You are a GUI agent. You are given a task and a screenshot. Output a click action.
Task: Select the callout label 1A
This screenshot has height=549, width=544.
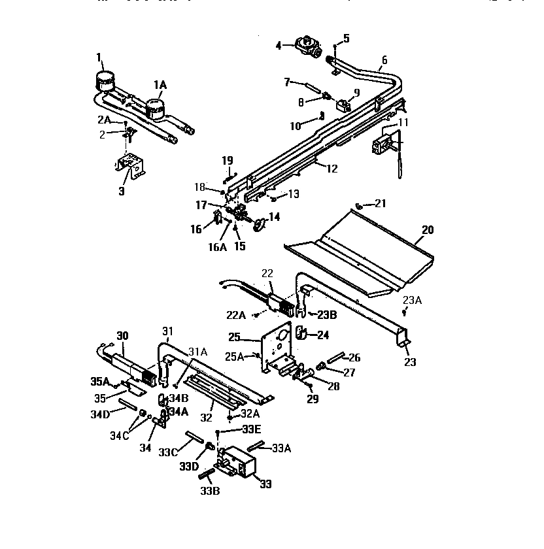pyautogui.click(x=160, y=84)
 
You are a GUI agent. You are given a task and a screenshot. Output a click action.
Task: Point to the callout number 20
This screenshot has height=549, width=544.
pyautogui.click(x=428, y=230)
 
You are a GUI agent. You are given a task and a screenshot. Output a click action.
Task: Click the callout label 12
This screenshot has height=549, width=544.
pyautogui.click(x=331, y=169)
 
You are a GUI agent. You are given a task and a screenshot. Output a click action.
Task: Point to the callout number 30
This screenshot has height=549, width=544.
pyautogui.click(x=122, y=335)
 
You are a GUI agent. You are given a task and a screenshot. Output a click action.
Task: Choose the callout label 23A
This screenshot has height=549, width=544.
pyautogui.click(x=413, y=300)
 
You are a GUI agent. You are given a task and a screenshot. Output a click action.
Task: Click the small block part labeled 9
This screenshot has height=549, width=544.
pyautogui.click(x=343, y=104)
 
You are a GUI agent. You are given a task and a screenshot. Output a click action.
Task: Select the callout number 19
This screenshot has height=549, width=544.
pyautogui.click(x=227, y=159)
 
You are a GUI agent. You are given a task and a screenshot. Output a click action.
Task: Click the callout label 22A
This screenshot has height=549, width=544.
pyautogui.click(x=237, y=315)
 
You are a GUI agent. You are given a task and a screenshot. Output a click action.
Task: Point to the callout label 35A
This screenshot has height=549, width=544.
pyautogui.click(x=100, y=381)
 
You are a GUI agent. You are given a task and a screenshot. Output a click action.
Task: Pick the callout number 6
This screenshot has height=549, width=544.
pyautogui.click(x=384, y=60)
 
